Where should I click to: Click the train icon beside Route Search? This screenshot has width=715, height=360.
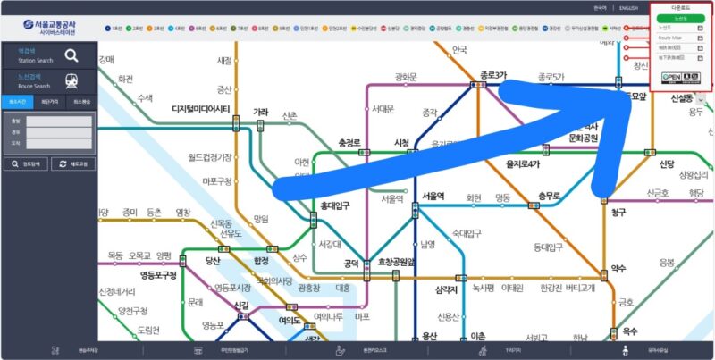[x=71, y=81]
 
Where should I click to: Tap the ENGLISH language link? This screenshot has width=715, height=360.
[x=629, y=8]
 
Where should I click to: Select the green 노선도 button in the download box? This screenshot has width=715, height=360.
[x=680, y=17]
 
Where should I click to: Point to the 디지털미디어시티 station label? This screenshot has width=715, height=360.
[x=201, y=109]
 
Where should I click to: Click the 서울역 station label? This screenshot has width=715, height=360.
[x=433, y=196]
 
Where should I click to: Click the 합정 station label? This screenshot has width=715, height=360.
[x=261, y=261]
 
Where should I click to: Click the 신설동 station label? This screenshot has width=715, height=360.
[x=682, y=97]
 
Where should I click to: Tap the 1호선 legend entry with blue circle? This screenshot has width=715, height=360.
[x=112, y=28]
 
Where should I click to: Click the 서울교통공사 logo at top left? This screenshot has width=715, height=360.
[x=49, y=26]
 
